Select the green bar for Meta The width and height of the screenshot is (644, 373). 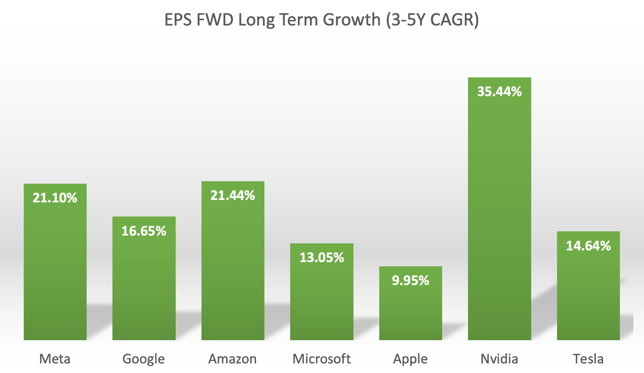55,270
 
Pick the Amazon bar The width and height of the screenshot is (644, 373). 233,270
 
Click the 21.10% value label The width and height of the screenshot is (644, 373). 55,198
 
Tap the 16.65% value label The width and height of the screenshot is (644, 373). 144,231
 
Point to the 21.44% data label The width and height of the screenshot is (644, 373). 233,195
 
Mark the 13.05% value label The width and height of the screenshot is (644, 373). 322,258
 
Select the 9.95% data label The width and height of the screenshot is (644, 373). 411,281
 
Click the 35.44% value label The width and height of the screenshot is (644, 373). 499,92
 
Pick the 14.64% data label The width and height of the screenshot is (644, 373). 588,246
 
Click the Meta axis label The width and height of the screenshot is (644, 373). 55,359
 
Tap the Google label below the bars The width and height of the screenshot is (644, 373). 144,359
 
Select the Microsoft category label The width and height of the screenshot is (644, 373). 322,359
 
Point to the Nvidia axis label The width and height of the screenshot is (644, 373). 499,359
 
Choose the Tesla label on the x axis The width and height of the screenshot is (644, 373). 588,359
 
